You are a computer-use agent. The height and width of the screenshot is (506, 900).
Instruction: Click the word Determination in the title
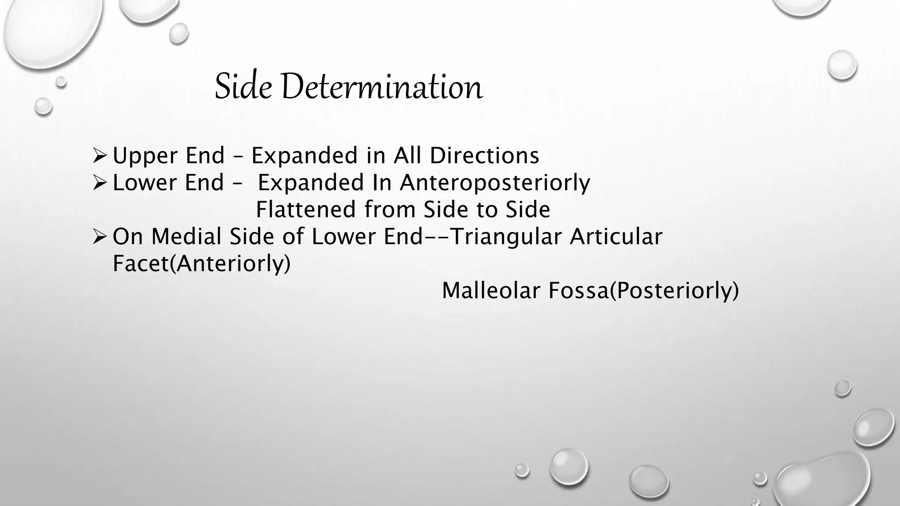pyautogui.click(x=381, y=87)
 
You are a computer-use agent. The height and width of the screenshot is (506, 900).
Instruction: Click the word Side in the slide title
pyautogui.click(x=243, y=87)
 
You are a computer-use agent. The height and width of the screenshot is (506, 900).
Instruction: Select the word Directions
pyautogui.click(x=484, y=155)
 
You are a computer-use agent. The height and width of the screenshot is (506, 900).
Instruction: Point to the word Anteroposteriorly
pyautogui.click(x=495, y=183)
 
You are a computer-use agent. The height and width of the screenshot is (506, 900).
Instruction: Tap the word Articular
pyautogui.click(x=616, y=237)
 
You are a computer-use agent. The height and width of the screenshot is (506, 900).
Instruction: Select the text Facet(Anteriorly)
pyautogui.click(x=202, y=264)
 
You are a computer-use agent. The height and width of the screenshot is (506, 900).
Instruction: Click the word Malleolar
pyautogui.click(x=490, y=290)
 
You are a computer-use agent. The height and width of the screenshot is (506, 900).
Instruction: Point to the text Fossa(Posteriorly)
pyautogui.click(x=643, y=291)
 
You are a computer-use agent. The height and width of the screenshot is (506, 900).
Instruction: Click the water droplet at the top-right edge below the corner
pyautogui.click(x=842, y=65)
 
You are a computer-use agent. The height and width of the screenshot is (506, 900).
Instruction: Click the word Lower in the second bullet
pyautogui.click(x=145, y=183)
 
